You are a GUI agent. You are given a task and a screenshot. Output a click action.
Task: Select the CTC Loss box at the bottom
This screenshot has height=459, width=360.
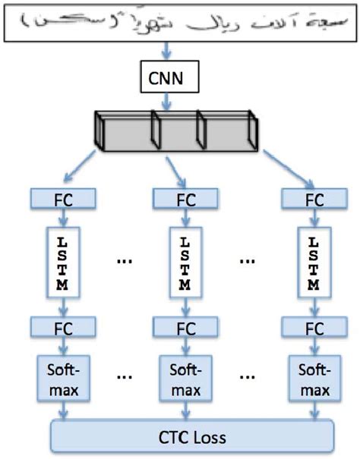191,438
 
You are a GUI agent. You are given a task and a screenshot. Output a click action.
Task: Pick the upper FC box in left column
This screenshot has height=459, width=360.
64,200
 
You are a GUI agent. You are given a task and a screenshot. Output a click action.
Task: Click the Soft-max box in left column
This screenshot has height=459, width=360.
64,379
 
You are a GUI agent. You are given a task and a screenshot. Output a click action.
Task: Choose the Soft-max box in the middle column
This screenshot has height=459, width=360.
185,379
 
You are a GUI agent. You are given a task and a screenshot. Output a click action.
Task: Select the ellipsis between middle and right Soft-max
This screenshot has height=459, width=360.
247,377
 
